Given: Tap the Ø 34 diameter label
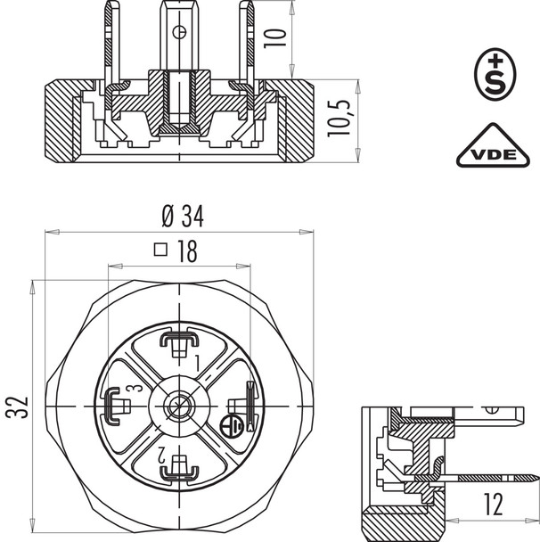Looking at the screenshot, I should [181, 217].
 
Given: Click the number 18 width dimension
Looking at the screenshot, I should [186, 252].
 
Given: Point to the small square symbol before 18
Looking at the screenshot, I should [161, 251].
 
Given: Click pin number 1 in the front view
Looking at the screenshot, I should [198, 360].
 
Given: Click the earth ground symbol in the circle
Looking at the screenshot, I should [230, 425].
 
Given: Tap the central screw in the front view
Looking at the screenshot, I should [180, 406].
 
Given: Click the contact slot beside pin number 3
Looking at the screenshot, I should [115, 406].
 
